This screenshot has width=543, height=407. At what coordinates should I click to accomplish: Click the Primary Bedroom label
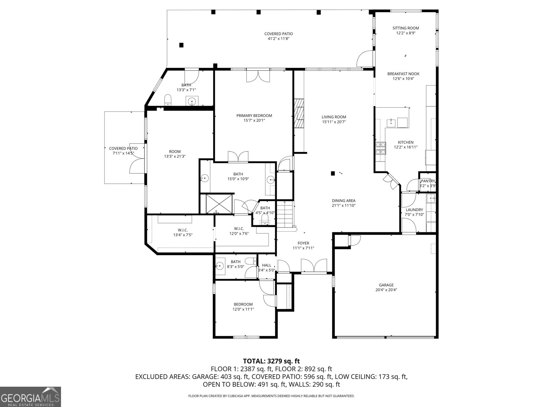tap(254, 116)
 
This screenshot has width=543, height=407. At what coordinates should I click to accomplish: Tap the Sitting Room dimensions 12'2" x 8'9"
tap(406, 33)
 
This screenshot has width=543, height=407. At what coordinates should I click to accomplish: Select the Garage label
tap(386, 285)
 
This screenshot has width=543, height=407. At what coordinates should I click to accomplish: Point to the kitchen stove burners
tap(380, 148)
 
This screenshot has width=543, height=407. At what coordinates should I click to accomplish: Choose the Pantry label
tap(428, 181)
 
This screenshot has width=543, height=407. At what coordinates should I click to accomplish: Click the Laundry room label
tap(414, 210)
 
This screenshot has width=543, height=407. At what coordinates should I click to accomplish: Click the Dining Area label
tap(343, 200)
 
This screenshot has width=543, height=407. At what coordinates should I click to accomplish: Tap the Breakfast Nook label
tap(403, 74)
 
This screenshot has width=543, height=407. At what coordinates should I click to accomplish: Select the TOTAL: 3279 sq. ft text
tap(271, 361)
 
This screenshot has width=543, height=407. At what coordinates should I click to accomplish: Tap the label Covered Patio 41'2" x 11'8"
tap(278, 36)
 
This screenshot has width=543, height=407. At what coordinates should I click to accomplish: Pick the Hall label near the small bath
tap(266, 265)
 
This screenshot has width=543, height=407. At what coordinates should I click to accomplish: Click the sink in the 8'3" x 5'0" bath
tap(220, 266)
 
